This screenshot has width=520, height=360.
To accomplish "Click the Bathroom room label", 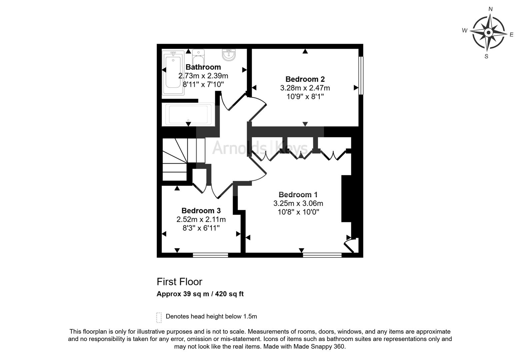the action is coord(203,67).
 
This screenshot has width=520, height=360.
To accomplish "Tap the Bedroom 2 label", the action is coord(305,79).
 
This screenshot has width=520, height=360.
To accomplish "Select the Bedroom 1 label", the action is coord(298,195).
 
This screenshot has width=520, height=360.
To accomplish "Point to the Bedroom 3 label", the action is coord(201,211).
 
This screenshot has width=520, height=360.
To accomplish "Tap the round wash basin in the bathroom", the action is coord(229,55).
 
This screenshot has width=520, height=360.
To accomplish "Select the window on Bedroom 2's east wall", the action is coord(361,75).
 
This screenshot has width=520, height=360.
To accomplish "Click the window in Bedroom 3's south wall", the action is coord(210,255).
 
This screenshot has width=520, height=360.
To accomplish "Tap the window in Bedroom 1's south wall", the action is coord(322,255).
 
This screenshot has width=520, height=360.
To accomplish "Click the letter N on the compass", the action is coord(491,9).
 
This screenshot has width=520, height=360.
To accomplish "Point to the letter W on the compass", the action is coord(465,30).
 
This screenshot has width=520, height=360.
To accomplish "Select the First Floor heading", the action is coord(179,282).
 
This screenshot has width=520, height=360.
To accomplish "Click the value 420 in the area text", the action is coord(221,294).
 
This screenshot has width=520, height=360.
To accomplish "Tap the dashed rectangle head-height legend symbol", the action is coord(159,318).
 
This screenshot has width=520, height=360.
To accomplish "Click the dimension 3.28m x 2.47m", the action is coord(305,88).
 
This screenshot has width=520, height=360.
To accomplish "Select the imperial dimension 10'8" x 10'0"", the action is coord(298,212).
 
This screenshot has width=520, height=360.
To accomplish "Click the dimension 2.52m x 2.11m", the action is coord(201,219).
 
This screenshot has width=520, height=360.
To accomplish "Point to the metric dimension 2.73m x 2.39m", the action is coord(203,76).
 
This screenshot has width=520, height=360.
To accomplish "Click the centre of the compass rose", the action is coord(488,32).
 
